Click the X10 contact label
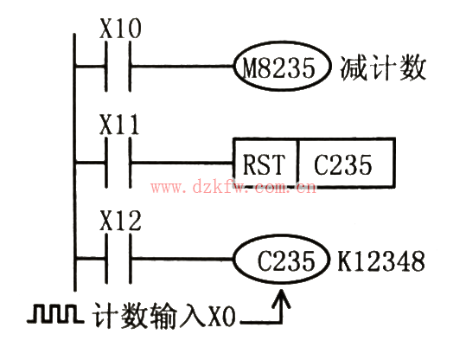point(120,29)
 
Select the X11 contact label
point(119,125)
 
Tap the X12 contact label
point(120,221)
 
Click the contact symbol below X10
point(118,67)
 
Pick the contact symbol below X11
point(118,163)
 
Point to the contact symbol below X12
point(118,258)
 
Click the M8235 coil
point(282,66)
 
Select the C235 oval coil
point(282,259)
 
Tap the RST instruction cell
point(265,163)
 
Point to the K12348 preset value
point(381,261)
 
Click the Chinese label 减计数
point(383,68)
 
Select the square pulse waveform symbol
point(55,313)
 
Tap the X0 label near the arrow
point(221,317)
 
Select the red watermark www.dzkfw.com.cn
point(233,188)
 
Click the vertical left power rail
point(75,163)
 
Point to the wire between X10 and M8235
point(182,66)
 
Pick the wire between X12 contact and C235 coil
point(182,259)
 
